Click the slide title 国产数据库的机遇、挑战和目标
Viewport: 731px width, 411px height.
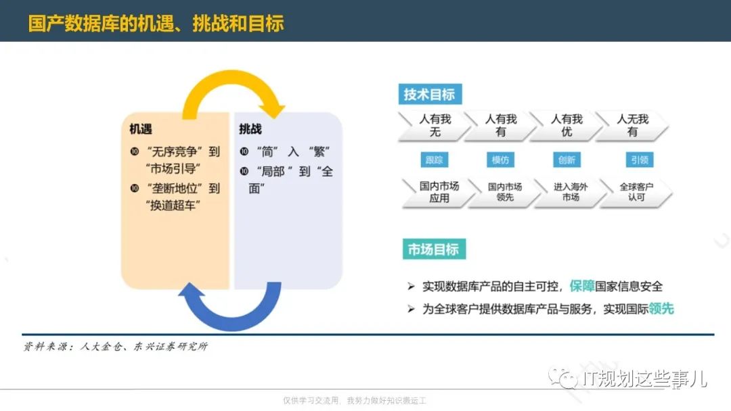point(156,23)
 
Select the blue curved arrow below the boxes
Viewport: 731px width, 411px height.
point(231,322)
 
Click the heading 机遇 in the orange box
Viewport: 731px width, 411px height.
point(141,129)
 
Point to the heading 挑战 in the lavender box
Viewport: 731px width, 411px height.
point(250,129)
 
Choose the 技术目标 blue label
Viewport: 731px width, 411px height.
point(430,94)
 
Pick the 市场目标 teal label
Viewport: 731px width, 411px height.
point(434,249)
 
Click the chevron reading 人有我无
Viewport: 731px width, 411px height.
point(435,126)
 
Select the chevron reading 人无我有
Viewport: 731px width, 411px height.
point(632,126)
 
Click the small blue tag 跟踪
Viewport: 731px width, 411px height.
point(435,160)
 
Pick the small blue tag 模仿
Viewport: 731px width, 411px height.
point(500,160)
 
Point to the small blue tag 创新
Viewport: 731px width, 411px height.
point(567,160)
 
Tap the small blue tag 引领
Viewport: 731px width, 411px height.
point(639,160)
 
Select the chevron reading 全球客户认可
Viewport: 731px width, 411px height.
point(636,192)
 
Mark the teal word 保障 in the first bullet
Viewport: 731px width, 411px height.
point(581,286)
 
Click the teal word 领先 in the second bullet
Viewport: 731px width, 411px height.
point(661,308)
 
